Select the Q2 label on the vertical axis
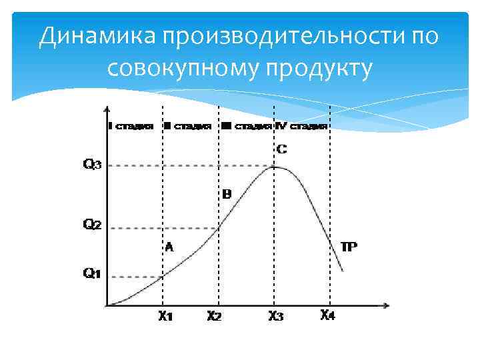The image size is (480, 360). tap(92, 225)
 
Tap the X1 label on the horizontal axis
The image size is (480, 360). tap(165, 317)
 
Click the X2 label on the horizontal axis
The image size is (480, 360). tap(213, 317)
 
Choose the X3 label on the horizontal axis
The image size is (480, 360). tap(275, 317)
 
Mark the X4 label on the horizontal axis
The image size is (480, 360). tap(327, 315)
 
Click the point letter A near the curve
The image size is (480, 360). tap(169, 247)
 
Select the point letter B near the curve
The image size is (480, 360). tap(226, 195)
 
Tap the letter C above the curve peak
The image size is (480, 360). tap(281, 149)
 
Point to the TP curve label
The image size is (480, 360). tap(349, 247)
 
